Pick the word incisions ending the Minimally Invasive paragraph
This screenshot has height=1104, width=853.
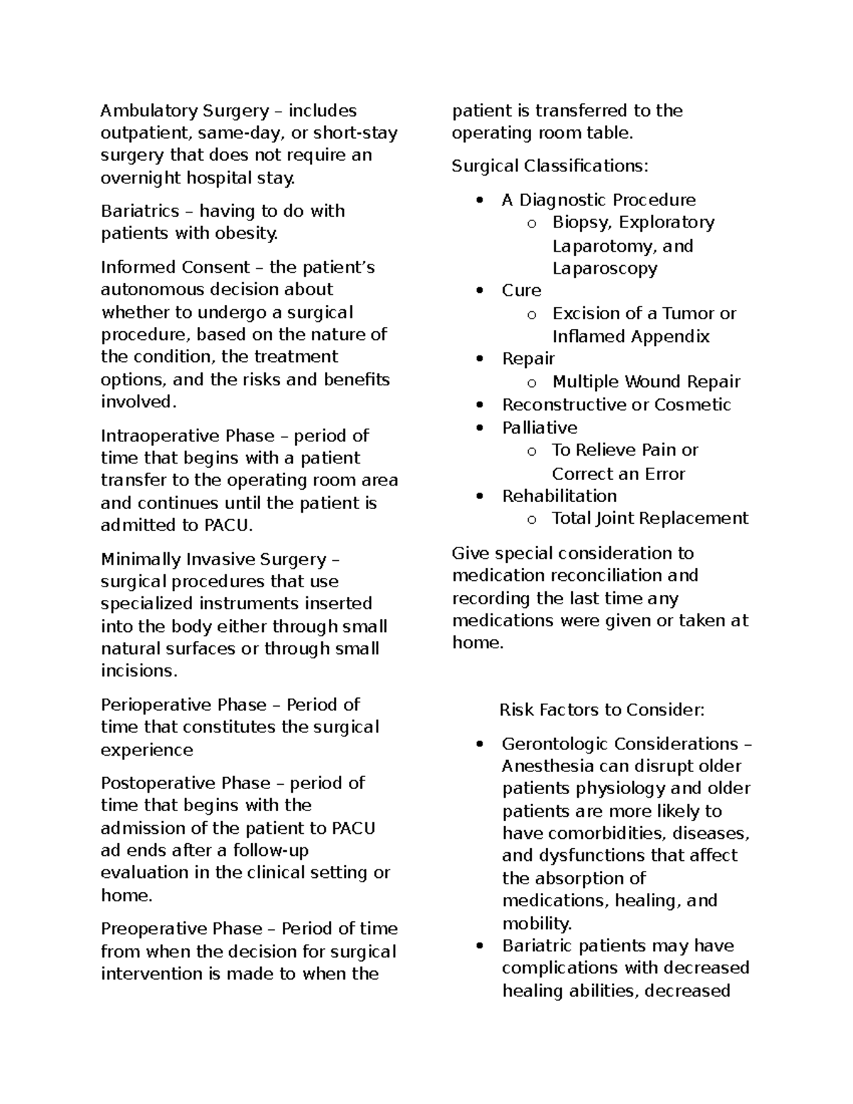(138, 671)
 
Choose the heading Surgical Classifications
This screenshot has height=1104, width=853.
(549, 166)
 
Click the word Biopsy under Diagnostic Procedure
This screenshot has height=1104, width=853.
(581, 223)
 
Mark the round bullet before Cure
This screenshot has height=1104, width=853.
(481, 291)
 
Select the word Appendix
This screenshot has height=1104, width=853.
(676, 336)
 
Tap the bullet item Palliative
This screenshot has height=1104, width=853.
(540, 428)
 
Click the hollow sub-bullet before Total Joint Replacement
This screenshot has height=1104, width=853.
(531, 520)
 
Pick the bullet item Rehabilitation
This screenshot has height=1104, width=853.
(559, 496)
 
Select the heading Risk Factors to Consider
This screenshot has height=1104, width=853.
(601, 710)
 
